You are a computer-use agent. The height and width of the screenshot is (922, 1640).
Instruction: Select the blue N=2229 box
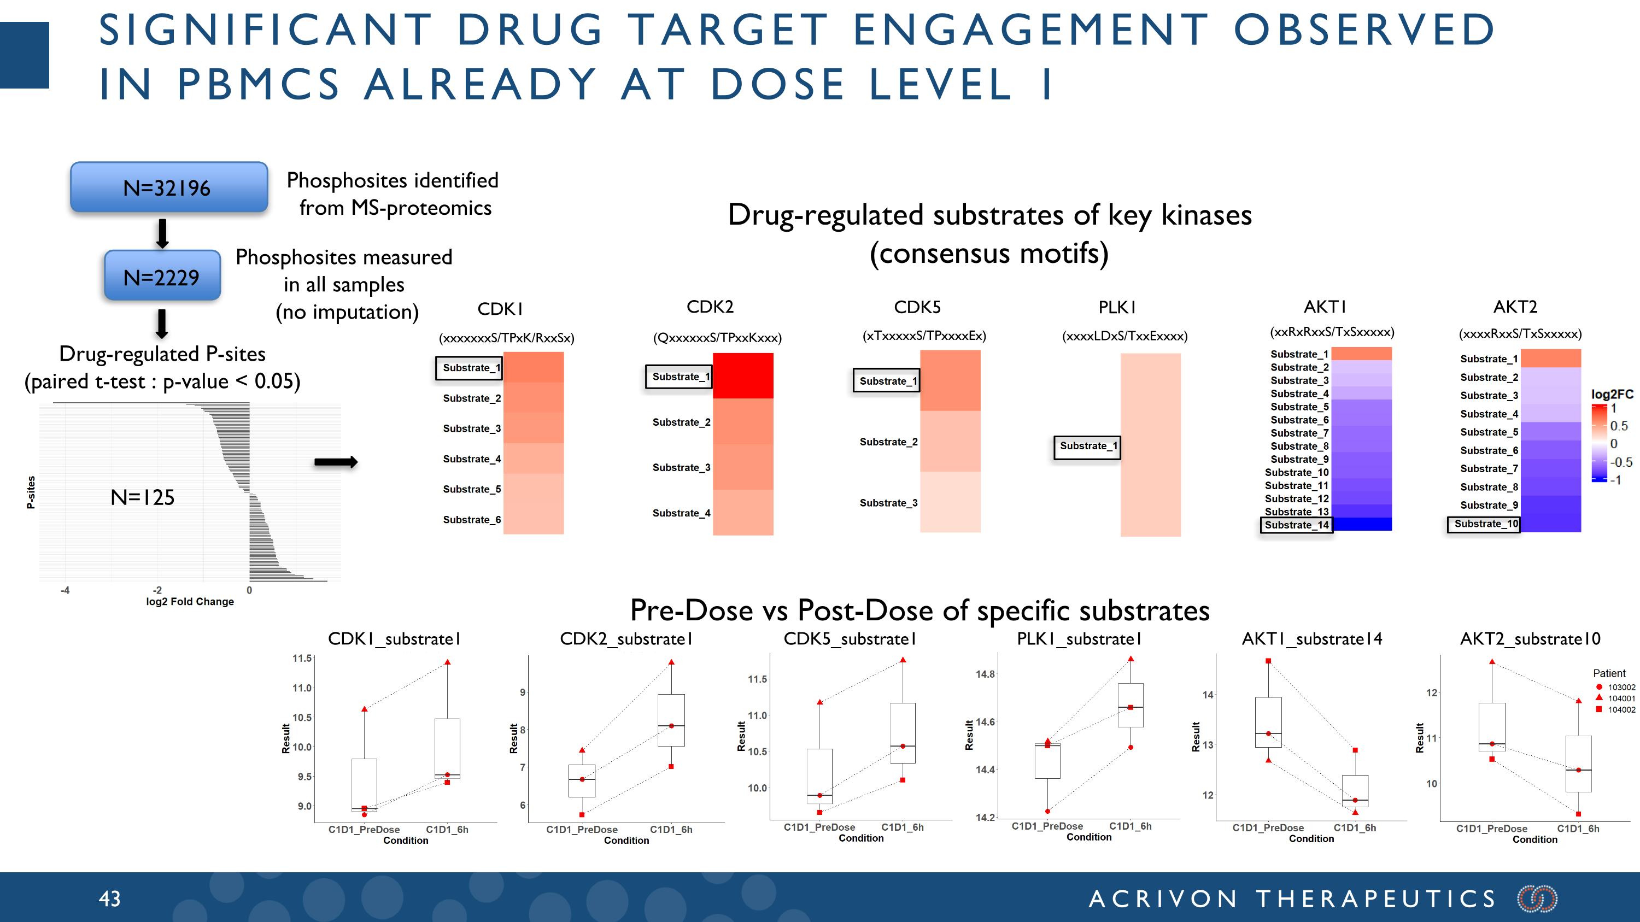point(162,276)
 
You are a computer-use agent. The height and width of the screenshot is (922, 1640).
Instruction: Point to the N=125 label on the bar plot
point(143,497)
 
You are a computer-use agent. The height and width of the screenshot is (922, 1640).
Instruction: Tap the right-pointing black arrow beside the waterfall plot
point(336,462)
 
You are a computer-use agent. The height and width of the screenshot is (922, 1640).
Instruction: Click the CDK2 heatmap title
point(710,307)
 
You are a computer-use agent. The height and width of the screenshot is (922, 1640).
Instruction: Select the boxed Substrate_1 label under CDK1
point(470,368)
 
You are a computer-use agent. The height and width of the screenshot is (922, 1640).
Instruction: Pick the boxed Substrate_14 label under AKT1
point(1296,525)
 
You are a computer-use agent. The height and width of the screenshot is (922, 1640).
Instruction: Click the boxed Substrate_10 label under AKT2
point(1485,524)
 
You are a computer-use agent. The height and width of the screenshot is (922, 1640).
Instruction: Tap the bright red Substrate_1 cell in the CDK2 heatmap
point(742,376)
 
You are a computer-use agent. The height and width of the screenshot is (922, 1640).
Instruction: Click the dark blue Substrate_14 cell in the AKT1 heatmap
point(1361,524)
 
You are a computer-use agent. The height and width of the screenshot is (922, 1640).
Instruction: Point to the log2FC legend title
point(1612,394)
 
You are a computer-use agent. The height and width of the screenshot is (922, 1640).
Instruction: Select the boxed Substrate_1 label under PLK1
point(1087,446)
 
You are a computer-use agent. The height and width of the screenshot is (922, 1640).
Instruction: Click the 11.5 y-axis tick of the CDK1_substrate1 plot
point(302,658)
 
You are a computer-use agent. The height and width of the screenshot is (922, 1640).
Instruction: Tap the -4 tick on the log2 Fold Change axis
point(65,590)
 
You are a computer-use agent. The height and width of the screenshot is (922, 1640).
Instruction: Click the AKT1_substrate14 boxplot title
point(1311,639)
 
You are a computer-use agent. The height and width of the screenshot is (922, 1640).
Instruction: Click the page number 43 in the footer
point(109,898)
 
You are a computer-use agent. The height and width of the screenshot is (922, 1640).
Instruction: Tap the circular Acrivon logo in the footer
point(1537,898)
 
